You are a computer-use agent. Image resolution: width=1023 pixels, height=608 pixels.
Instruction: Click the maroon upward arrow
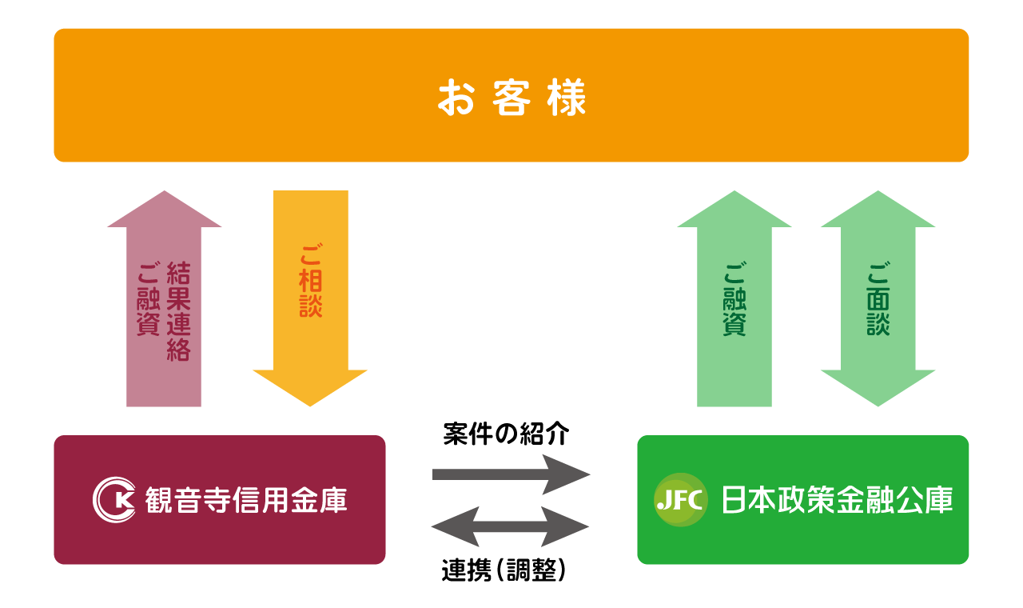click(164, 312)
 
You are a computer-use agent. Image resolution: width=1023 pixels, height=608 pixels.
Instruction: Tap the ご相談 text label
click(311, 282)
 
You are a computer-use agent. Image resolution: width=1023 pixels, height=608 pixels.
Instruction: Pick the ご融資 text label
click(734, 299)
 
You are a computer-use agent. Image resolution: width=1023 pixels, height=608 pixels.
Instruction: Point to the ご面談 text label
click(878, 299)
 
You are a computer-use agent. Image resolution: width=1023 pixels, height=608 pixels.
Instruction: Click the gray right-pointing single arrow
click(511, 474)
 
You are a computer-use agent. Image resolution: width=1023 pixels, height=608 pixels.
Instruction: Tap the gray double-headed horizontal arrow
click(511, 527)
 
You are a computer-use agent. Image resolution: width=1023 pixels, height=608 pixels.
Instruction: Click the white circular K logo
click(113, 500)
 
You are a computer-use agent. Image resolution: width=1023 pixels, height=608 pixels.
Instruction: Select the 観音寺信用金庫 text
click(246, 501)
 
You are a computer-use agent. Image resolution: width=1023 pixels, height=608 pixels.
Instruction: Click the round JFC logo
click(680, 500)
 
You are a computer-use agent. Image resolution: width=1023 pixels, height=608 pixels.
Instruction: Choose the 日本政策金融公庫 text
click(837, 500)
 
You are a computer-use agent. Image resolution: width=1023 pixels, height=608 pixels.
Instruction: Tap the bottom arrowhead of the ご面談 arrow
click(878, 388)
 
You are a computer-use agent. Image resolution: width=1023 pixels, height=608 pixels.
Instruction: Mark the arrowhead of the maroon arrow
click(164, 210)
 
